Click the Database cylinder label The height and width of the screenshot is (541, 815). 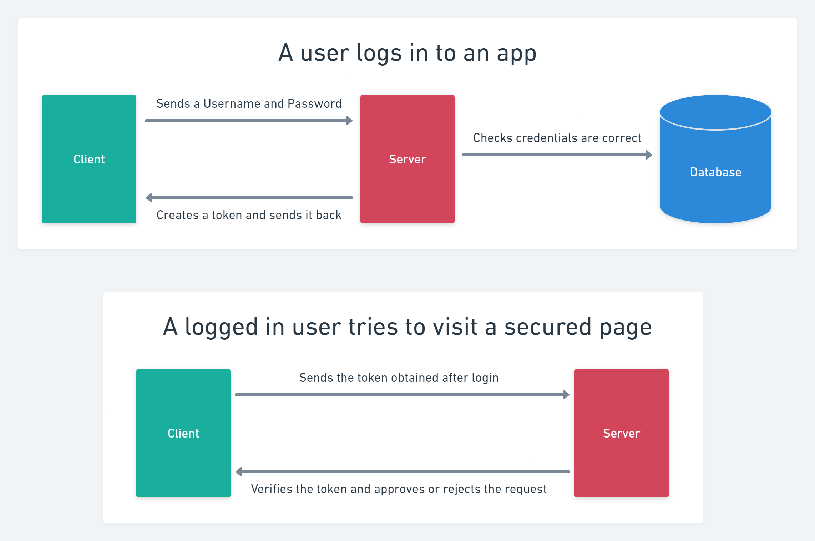[x=715, y=172]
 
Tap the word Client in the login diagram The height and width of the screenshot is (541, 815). [x=89, y=159]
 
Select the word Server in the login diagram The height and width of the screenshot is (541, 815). [x=407, y=159]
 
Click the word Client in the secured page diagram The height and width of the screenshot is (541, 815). [x=183, y=433]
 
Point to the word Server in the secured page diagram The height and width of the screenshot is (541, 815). [x=621, y=433]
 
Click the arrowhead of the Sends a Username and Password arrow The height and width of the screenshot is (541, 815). [x=349, y=121]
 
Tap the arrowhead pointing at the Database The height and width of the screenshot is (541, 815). [x=649, y=155]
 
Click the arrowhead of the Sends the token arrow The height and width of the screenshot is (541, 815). [x=566, y=395]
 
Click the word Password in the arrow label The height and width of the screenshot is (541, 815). [x=314, y=103]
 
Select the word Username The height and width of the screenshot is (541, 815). [x=232, y=103]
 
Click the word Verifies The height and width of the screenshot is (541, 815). [x=272, y=489]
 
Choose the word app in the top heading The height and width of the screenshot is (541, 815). [x=516, y=53]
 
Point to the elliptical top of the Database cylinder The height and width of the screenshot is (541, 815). [x=715, y=112]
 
